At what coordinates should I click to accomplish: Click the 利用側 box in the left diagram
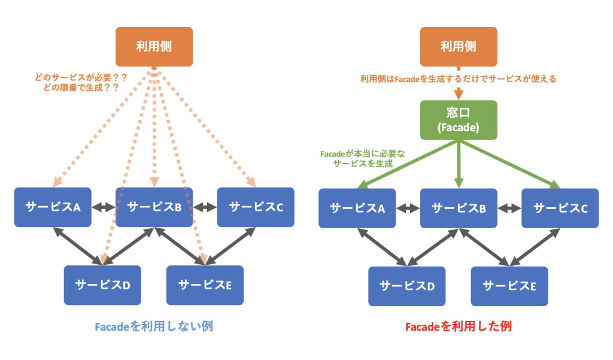click(154, 46)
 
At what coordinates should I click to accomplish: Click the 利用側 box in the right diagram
click(459, 46)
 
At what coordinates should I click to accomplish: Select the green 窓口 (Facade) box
click(459, 120)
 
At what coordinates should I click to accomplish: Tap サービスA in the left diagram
click(53, 207)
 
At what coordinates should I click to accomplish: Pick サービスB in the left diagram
click(154, 207)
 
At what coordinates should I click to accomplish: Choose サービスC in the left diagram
click(256, 207)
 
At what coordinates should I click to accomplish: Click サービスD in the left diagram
click(102, 285)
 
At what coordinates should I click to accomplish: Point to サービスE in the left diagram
click(205, 285)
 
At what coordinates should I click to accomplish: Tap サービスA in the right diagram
click(357, 208)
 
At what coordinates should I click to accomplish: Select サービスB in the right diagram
click(459, 208)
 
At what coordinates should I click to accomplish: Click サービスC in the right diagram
click(560, 208)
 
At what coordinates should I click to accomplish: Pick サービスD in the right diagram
click(407, 286)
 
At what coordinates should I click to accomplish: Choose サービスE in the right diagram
click(509, 286)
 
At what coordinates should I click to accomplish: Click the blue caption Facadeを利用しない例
click(154, 326)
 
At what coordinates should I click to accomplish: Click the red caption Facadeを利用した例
click(459, 326)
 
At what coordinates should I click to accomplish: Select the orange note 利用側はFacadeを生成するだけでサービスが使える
click(459, 78)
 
